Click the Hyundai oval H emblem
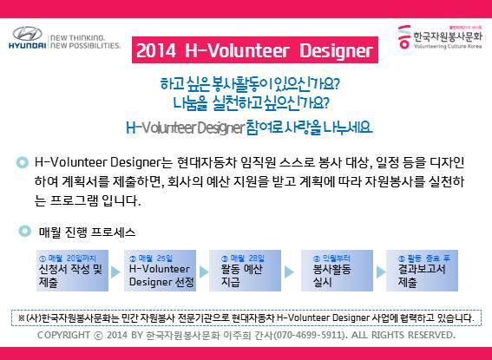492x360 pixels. click(27, 33)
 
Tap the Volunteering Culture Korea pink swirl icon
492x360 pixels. click(404, 36)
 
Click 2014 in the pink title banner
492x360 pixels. click(156, 50)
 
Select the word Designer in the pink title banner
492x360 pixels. click(336, 50)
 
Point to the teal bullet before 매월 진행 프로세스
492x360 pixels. click(25, 231)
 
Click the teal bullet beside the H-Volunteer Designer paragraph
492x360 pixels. click(23, 162)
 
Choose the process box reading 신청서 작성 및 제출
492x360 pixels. click(73, 271)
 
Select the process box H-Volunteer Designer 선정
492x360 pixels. click(160, 271)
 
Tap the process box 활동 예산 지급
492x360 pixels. click(245, 271)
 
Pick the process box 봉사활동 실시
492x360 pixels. click(337, 271)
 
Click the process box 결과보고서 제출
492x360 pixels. click(422, 271)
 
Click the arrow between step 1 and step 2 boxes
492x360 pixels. click(115, 272)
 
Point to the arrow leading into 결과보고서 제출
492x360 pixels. click(381, 272)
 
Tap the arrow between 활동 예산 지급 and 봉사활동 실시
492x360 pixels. click(289, 272)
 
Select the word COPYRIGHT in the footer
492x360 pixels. click(63, 335)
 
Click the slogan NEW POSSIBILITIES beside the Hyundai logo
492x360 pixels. click(85, 46)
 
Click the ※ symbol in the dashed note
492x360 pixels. click(22, 318)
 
